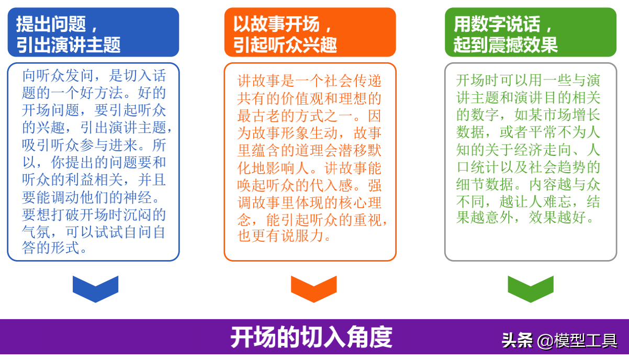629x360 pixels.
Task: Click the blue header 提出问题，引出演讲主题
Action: click(93, 32)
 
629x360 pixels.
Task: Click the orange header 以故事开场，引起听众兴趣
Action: click(310, 32)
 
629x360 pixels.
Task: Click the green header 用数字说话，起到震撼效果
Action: click(531, 32)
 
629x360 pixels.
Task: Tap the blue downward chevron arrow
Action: click(95, 288)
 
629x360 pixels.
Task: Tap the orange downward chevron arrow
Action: click(313, 288)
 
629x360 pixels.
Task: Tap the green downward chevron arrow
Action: click(531, 288)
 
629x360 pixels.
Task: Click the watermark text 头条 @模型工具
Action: click(559, 341)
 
